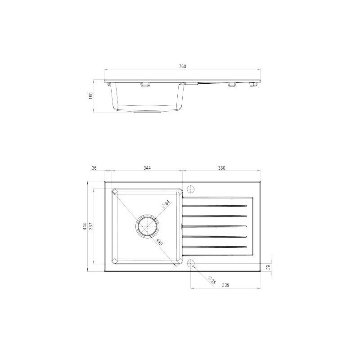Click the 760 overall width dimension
coord(182,66)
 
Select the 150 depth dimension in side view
coord(91,95)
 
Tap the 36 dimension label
coord(94,168)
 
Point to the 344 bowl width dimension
coord(147,168)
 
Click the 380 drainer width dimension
coord(221,168)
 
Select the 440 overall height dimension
coord(85,226)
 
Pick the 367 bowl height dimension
coord(91,226)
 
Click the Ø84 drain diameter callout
coord(166,204)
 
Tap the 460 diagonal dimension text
coord(159,242)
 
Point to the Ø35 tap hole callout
coord(211,280)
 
